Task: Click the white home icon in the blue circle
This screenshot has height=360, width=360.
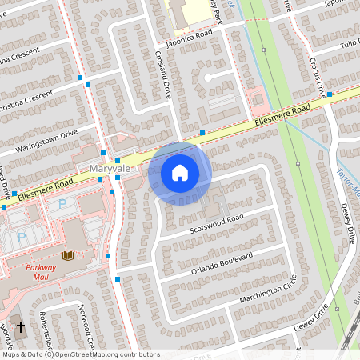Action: [x=180, y=172]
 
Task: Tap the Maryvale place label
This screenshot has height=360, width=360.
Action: [x=109, y=169]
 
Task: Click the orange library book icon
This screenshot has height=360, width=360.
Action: [x=67, y=255]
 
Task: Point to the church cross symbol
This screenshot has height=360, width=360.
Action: [x=22, y=329]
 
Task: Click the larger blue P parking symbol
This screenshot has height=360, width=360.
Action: [x=62, y=206]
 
